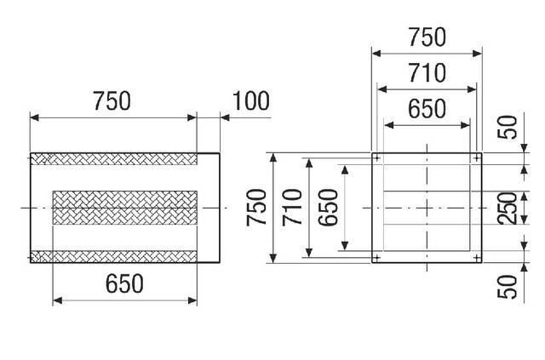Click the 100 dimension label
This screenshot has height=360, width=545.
(250, 101)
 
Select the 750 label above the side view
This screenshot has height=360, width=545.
(111, 101)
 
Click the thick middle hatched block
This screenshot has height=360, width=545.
(126, 208)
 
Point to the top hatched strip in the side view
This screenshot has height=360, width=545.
(114, 159)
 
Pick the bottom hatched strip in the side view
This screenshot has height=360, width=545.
(114, 256)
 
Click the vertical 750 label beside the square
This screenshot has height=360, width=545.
(256, 208)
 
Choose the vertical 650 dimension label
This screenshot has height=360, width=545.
(330, 208)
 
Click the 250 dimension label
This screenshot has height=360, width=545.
(509, 208)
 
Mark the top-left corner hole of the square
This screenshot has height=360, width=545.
(377, 157)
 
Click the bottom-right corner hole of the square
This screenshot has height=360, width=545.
(476, 257)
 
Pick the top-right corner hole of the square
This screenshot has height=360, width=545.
(476, 157)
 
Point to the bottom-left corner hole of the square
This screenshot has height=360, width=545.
(377, 257)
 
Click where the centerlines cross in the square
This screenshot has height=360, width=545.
(427, 208)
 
